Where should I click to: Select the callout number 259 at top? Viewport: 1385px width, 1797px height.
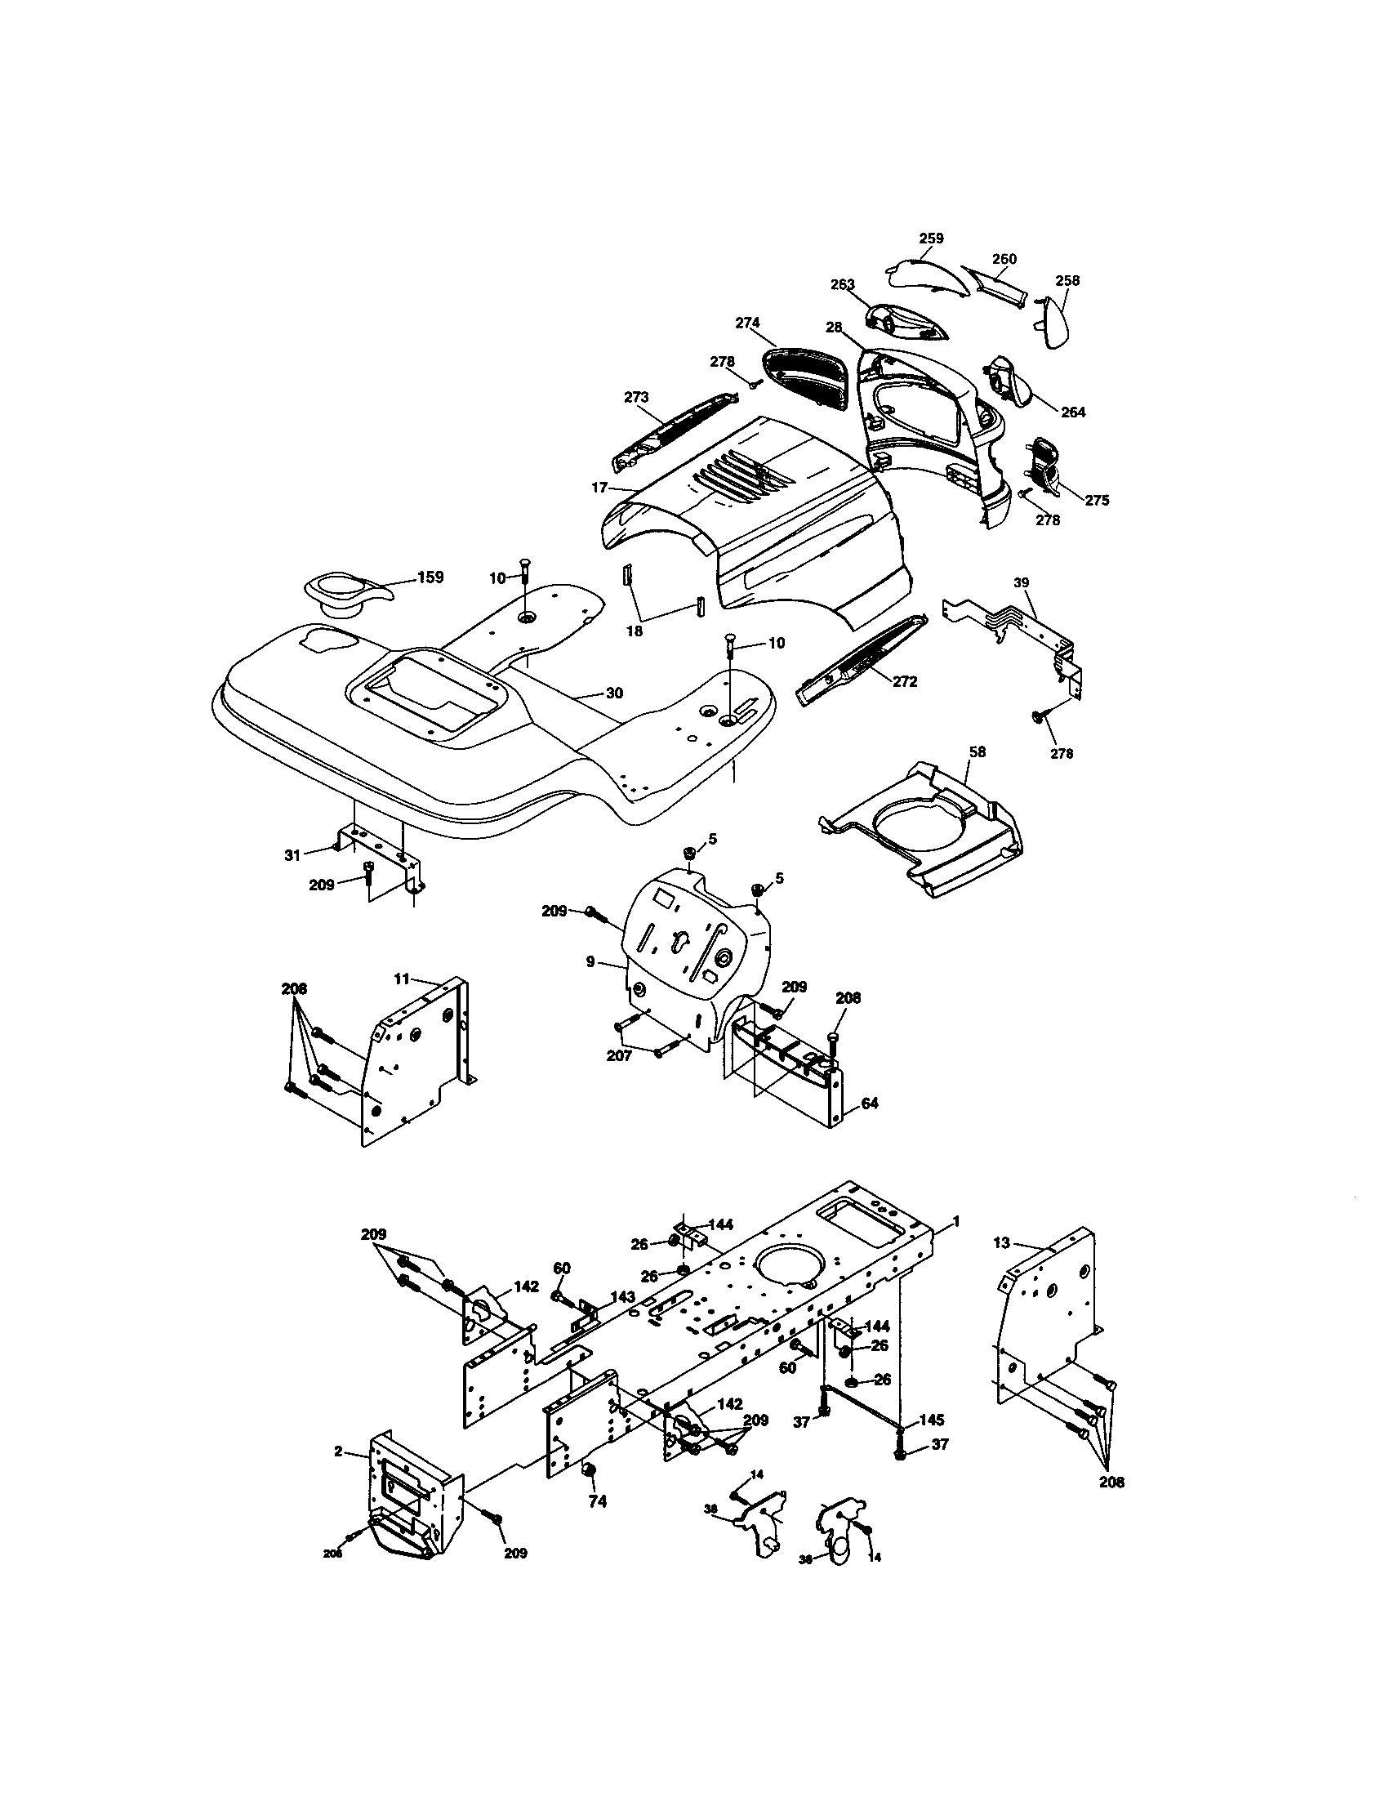click(931, 239)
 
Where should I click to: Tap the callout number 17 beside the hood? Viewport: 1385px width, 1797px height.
click(599, 488)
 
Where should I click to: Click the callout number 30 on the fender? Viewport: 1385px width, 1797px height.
click(614, 693)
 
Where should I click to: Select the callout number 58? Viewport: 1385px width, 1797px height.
click(977, 752)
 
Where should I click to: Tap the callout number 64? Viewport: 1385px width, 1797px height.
click(870, 1104)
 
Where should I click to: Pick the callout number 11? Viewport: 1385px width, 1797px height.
click(401, 979)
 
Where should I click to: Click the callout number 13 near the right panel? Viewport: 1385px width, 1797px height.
click(1001, 1243)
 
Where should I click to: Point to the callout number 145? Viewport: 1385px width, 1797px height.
click(932, 1420)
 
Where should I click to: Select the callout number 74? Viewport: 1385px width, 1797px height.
click(598, 1501)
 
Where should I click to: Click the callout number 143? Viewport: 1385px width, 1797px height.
click(622, 1297)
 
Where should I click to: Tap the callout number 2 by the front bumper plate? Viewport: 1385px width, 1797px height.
click(338, 1451)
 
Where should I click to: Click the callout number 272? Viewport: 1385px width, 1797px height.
click(905, 682)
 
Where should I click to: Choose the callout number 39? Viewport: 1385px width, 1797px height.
click(1021, 582)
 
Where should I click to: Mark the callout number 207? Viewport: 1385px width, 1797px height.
click(618, 1055)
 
